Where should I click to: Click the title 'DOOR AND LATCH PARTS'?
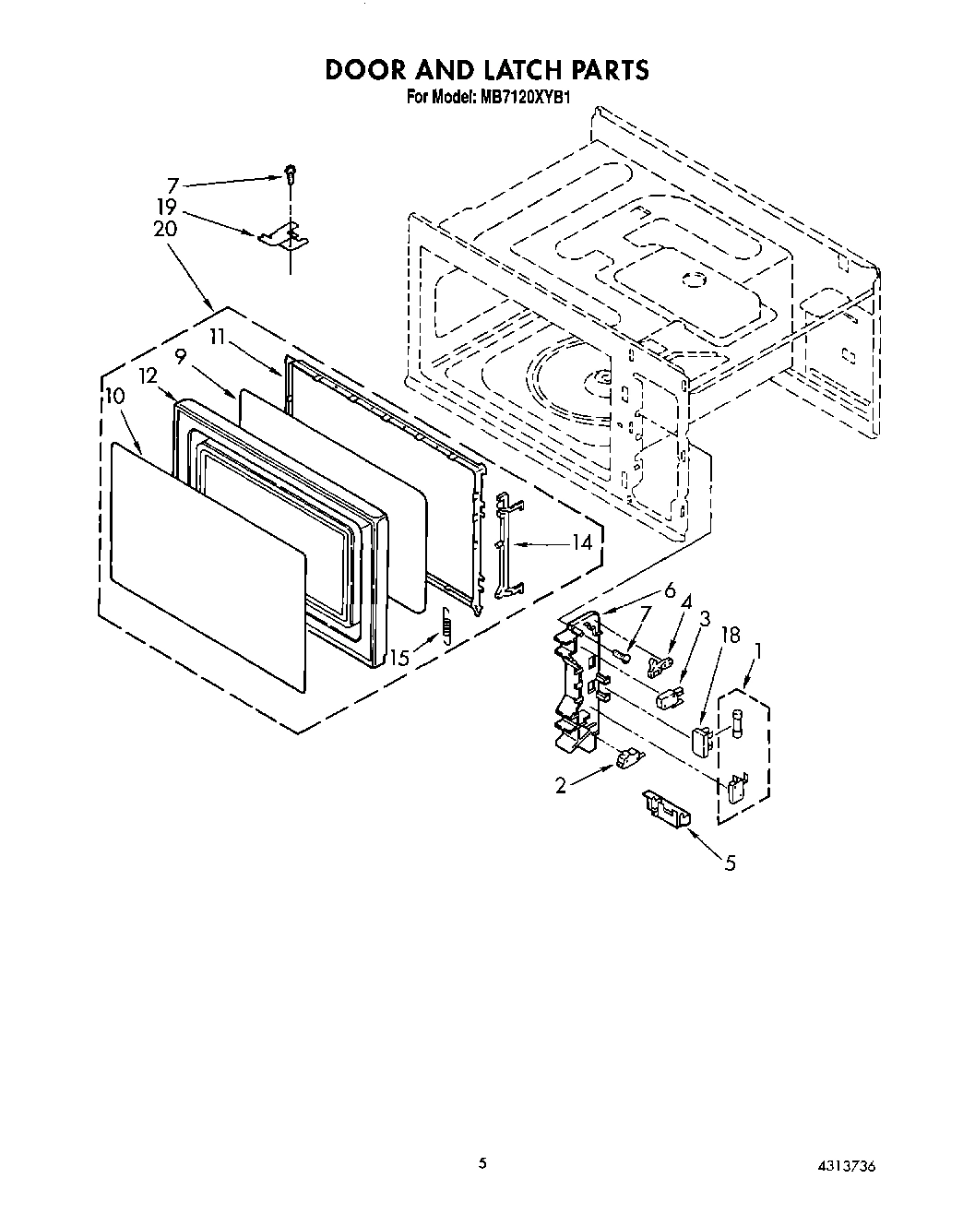(486, 69)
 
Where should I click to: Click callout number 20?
(165, 230)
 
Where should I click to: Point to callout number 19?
(166, 208)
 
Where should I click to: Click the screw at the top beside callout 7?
(291, 171)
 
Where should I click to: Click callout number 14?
(581, 543)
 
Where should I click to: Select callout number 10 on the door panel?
(115, 396)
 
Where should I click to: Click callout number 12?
(148, 376)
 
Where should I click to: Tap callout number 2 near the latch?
(561, 785)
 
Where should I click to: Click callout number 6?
(670, 591)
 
